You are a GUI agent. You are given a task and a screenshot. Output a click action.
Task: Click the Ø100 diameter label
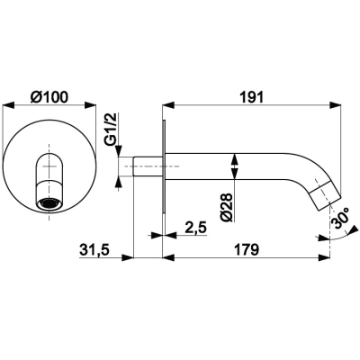click(49, 97)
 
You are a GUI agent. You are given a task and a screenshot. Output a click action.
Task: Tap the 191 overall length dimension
click(251, 97)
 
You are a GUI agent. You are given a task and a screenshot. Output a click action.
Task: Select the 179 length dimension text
click(246, 250)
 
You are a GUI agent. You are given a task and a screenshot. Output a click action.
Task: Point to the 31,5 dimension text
click(94, 250)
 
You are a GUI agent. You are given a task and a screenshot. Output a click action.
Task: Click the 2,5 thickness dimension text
click(196, 228)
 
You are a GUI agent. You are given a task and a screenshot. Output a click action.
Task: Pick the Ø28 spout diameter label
click(227, 207)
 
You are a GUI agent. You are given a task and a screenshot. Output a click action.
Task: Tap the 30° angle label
click(340, 218)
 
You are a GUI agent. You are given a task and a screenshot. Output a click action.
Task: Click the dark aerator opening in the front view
click(49, 203)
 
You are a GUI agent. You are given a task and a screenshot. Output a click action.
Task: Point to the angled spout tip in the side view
click(327, 195)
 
